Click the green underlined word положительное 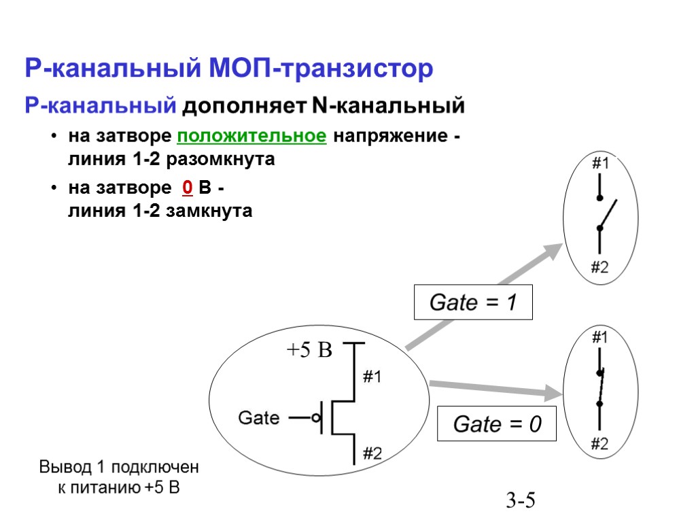(x=251, y=136)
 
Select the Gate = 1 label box (x=473, y=303)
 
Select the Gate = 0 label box (x=496, y=425)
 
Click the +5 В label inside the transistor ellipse (x=309, y=351)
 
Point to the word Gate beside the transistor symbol (x=258, y=417)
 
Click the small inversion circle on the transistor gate (x=317, y=418)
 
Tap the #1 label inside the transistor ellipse (x=372, y=377)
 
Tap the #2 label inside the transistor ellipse (x=372, y=453)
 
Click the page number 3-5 (x=521, y=502)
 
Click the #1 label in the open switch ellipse (x=599, y=164)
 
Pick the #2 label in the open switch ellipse (x=599, y=267)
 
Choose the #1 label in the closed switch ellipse (x=599, y=336)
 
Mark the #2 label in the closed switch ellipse (x=599, y=445)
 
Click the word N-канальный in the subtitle (x=388, y=107)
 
